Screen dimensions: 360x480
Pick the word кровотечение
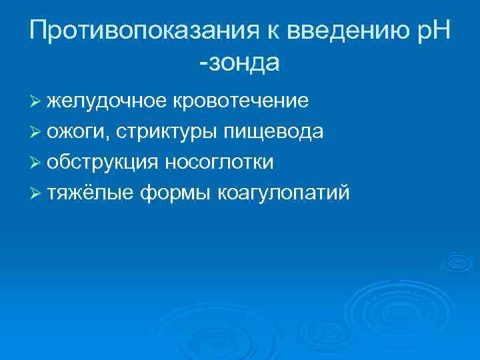pyautogui.click(x=241, y=101)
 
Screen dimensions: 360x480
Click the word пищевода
pyautogui.click(x=274, y=132)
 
